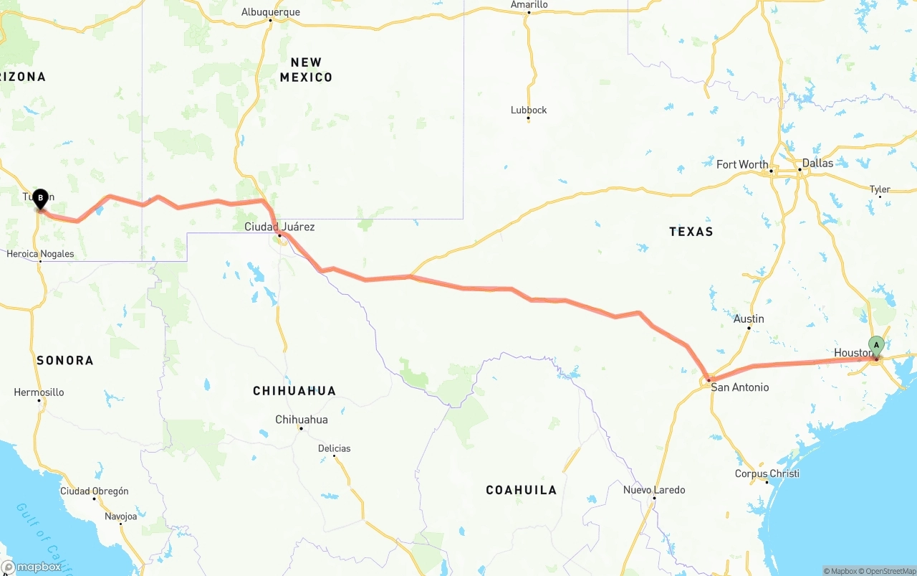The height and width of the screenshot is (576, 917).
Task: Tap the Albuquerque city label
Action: point(270,12)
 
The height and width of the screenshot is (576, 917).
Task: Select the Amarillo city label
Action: point(529,5)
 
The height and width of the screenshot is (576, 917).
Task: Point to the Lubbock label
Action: point(529,110)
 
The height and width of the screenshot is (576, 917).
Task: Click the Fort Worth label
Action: point(742,164)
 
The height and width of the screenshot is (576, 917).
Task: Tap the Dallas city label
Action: point(817,163)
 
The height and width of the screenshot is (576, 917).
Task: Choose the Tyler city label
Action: point(880,189)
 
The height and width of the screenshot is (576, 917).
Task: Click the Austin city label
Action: point(749,318)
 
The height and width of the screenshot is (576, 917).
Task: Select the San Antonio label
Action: point(739,387)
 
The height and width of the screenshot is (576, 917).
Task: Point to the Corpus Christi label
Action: point(767,473)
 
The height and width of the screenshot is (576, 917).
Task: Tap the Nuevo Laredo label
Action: point(653,490)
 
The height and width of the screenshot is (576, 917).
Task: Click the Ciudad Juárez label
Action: point(279,227)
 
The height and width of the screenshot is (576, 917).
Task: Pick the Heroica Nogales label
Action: point(40,254)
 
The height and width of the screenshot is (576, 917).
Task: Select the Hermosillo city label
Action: point(39,392)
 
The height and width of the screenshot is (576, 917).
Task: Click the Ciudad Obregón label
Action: point(94,491)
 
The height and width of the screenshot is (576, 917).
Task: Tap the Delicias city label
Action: point(335,448)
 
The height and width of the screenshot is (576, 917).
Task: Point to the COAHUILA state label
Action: point(521,490)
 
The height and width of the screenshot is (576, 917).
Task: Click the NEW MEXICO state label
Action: point(306,70)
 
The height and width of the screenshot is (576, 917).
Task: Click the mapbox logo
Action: point(32,567)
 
